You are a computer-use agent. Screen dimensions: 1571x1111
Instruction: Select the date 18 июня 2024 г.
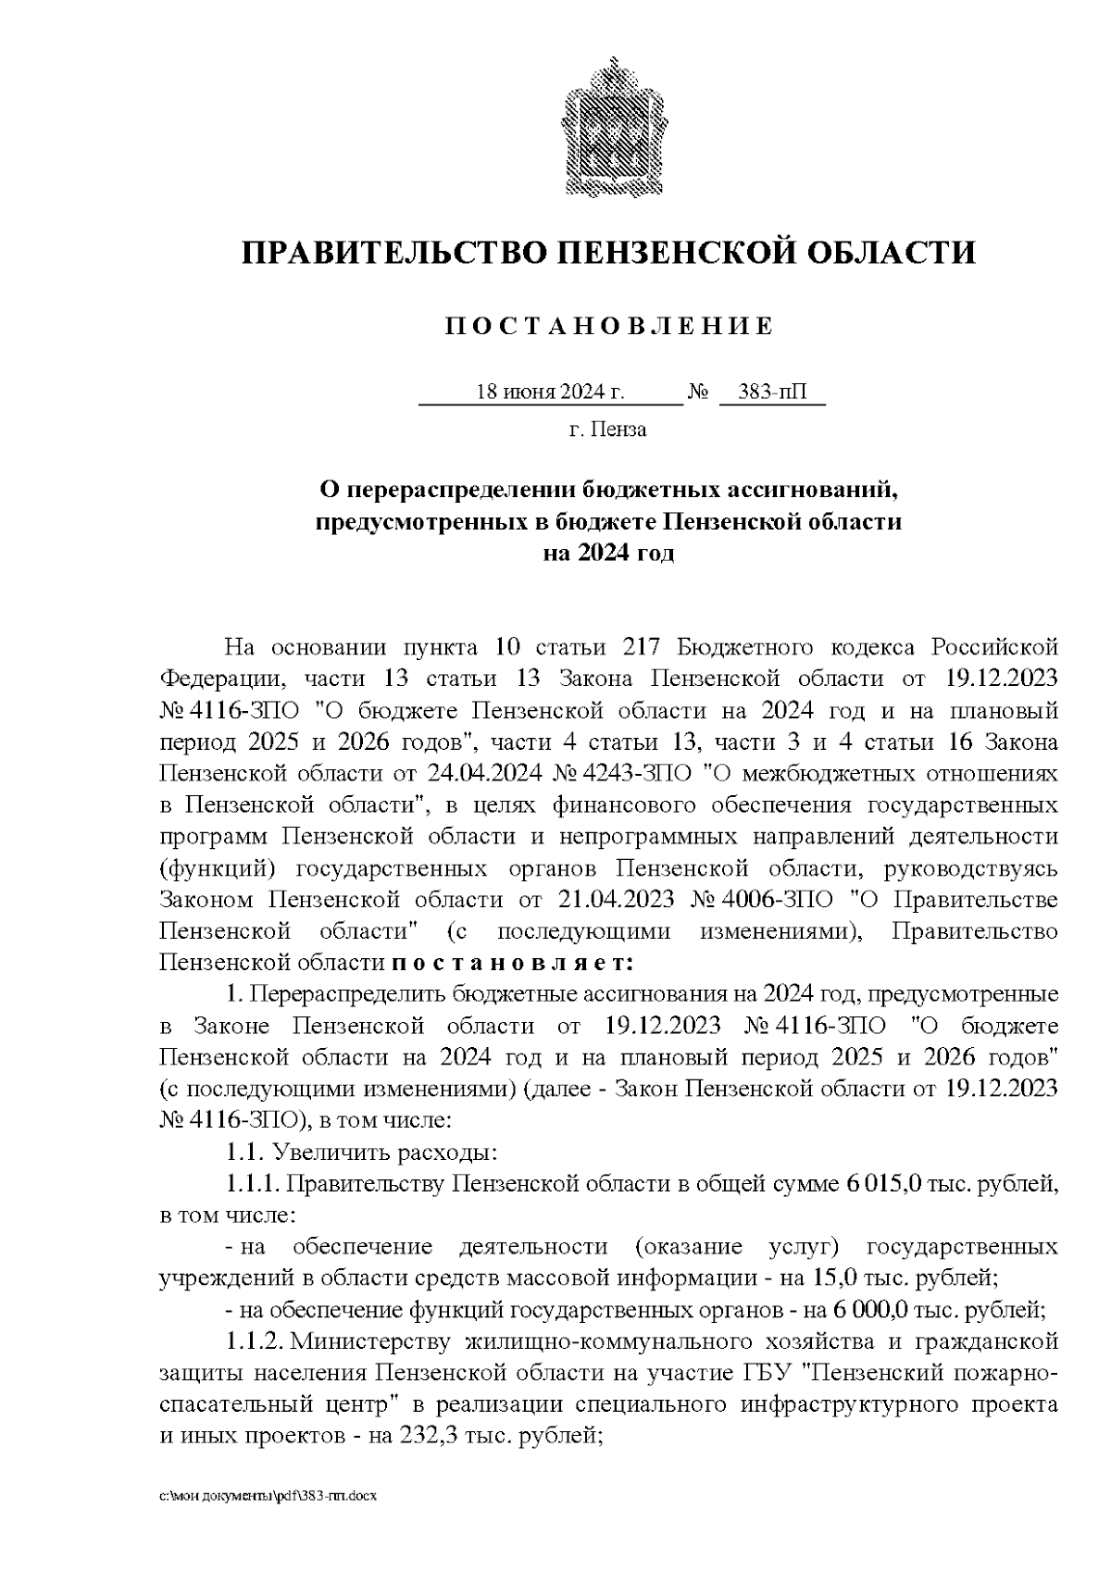pyautogui.click(x=550, y=393)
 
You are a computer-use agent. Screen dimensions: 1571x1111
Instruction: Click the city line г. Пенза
pyautogui.click(x=607, y=430)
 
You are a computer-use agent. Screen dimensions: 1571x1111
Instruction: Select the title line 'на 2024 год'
pyautogui.click(x=608, y=555)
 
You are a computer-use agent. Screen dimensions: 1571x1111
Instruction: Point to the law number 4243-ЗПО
pyautogui.click(x=631, y=772)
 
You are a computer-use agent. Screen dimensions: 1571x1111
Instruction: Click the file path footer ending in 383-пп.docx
pyautogui.click(x=269, y=1496)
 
